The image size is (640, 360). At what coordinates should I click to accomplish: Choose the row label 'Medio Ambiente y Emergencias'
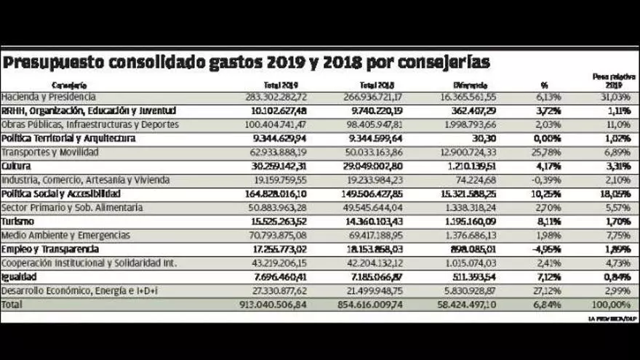coord(65,235)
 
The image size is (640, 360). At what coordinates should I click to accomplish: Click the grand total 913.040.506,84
coord(271,305)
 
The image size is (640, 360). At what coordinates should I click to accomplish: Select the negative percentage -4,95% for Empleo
coord(545,249)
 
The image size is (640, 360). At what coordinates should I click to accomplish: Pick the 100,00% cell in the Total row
coord(609,305)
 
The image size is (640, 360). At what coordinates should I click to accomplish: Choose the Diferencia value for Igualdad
coord(471,277)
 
